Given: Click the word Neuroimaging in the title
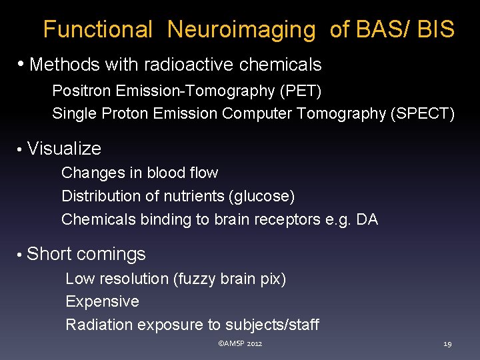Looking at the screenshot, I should (x=241, y=30).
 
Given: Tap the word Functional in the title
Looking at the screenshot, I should (x=98, y=30).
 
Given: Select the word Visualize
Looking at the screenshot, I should (x=65, y=149).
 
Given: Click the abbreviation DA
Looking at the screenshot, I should (x=367, y=219).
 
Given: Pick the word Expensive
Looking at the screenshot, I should (x=102, y=301).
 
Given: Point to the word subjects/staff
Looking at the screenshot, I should (x=272, y=325).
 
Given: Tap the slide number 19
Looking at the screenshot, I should (x=447, y=344).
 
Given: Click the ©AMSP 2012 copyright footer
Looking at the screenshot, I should (x=240, y=343).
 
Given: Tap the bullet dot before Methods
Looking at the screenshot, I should (x=22, y=65).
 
